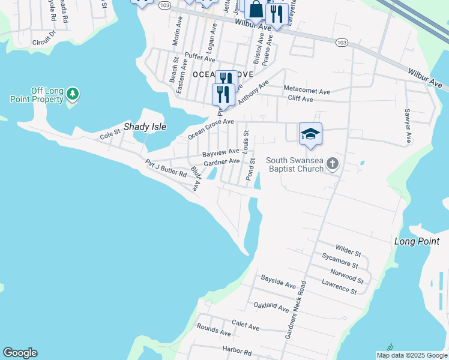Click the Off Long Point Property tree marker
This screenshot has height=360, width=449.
[73, 94]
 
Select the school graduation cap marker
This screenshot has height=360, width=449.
[311, 133]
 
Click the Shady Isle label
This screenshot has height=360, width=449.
[145, 127]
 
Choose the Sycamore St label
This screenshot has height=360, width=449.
[340, 261]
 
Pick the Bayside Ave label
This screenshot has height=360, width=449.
[279, 281]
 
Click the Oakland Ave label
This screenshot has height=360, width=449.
[271, 307]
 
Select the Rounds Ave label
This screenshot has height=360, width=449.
[214, 330]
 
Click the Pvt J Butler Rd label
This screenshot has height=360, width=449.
[166, 168]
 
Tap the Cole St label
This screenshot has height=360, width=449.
[110, 134]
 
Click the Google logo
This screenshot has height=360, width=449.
[20, 353]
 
